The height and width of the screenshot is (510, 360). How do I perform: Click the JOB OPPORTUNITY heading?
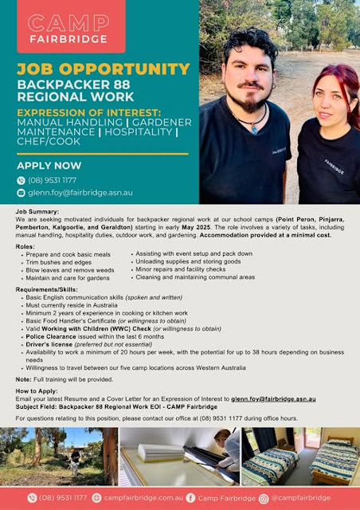(103, 69)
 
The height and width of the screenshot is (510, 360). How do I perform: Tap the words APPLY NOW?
(49, 166)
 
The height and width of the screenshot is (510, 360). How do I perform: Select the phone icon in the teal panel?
(22, 180)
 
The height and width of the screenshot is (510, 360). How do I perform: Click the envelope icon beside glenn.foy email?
(22, 192)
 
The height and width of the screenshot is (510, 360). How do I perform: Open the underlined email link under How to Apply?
(274, 398)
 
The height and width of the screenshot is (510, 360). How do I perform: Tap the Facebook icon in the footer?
(190, 498)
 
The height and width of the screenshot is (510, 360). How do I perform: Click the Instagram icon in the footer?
(264, 498)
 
